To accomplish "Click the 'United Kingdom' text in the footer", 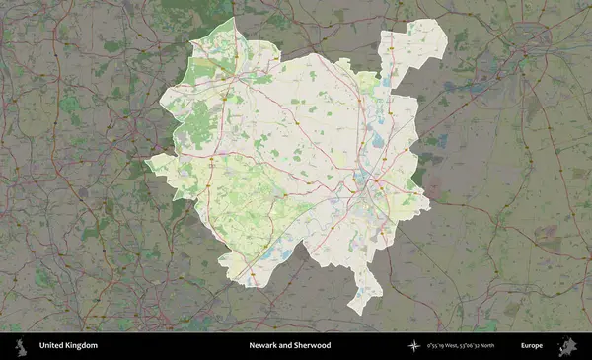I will click(x=68, y=346).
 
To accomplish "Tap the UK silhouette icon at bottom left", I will click(x=20, y=346).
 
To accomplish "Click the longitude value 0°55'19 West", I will click(x=445, y=346).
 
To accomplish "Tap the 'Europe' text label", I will click(x=532, y=346).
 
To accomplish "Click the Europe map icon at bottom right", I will click(x=567, y=346).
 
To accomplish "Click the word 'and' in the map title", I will click(x=287, y=346).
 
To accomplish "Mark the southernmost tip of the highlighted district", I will click(x=361, y=313).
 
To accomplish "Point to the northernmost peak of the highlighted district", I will click(x=233, y=18).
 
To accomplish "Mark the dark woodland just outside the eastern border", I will click(x=420, y=173).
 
